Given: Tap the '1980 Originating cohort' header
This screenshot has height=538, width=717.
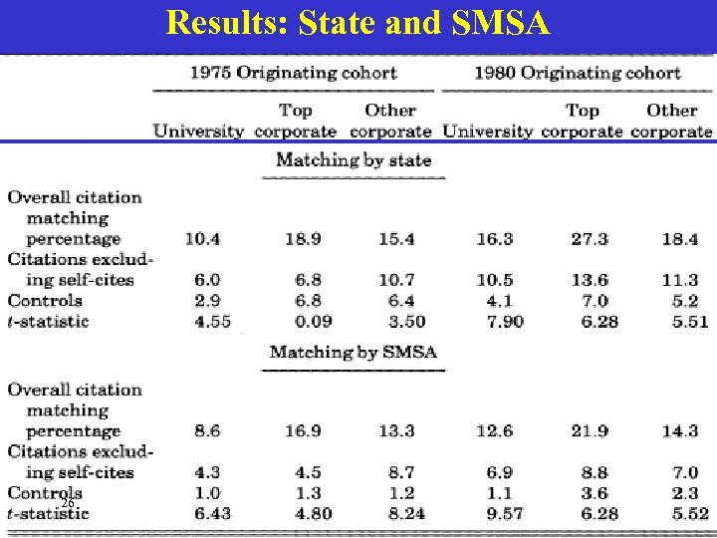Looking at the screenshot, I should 578,73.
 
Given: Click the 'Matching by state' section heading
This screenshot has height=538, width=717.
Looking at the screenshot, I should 354,159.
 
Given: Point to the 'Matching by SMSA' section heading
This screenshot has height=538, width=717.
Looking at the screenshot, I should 354,352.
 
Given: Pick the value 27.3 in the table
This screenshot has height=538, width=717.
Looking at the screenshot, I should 590,239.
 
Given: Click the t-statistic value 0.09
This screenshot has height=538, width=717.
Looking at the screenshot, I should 313,321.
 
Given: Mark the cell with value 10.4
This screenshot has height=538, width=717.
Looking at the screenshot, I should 202,239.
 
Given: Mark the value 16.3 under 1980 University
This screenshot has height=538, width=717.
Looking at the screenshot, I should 495,239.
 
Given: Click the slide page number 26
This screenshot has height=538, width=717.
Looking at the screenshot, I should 67,504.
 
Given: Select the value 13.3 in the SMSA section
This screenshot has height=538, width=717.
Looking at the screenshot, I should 396,431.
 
